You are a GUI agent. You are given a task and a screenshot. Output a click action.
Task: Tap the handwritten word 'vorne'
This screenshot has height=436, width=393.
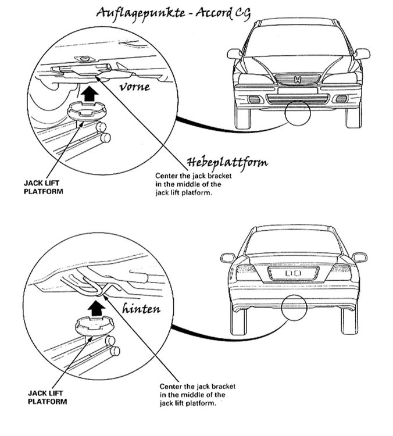[135, 87]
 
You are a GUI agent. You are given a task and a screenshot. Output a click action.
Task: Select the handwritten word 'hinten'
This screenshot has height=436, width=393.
[141, 309]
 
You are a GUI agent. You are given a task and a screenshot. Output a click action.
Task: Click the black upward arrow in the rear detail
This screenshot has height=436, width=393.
[95, 303]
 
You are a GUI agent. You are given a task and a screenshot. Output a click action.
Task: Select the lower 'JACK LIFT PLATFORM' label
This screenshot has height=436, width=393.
[45, 396]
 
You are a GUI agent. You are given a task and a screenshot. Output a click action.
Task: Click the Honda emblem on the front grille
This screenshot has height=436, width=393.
[298, 80]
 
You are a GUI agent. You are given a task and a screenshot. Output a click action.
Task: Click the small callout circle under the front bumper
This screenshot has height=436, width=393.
[298, 115]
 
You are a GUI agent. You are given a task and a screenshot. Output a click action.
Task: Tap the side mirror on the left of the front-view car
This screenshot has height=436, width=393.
[235, 54]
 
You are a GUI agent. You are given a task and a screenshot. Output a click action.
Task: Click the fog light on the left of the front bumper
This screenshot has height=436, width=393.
[254, 99]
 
